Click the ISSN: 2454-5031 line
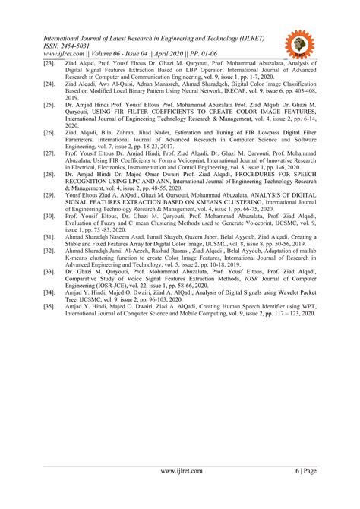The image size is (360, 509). click(x=73, y=45)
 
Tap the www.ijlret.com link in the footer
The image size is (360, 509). click(x=180, y=472)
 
